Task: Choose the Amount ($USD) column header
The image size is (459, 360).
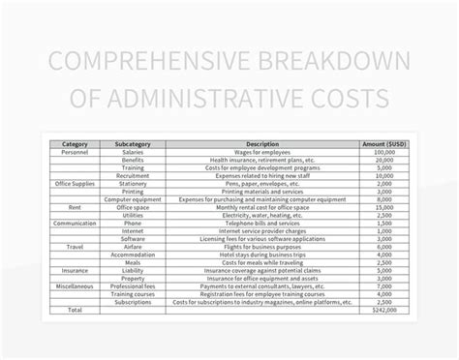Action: point(383,144)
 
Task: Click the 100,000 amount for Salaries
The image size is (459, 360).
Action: point(383,152)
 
